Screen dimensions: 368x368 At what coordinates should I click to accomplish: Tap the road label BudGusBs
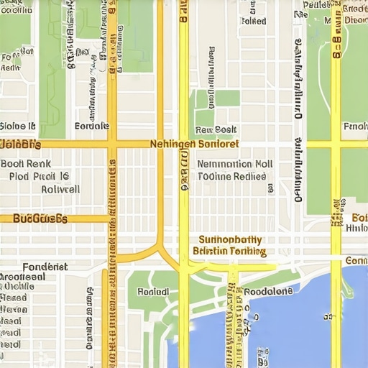(40, 218)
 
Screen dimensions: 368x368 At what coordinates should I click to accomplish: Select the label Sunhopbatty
(230, 240)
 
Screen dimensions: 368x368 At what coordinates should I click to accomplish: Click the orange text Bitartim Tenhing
(229, 252)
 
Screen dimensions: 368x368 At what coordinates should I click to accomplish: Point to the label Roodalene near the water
(268, 292)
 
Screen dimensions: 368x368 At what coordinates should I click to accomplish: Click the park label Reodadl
(153, 293)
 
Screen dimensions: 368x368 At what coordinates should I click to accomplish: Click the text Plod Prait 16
(40, 175)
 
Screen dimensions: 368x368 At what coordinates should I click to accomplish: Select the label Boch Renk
(22, 163)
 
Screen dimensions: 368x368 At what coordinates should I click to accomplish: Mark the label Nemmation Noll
(234, 164)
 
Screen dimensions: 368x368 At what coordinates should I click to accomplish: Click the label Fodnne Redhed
(231, 175)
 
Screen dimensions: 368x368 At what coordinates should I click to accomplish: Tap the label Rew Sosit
(216, 130)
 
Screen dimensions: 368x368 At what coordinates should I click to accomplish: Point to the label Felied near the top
(254, 21)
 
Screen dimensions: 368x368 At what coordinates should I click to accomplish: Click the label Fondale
(92, 126)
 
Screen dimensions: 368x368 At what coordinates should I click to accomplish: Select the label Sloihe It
(18, 126)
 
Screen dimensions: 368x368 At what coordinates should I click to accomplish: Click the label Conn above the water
(356, 260)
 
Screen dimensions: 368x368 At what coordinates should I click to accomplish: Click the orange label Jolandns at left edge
(20, 144)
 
